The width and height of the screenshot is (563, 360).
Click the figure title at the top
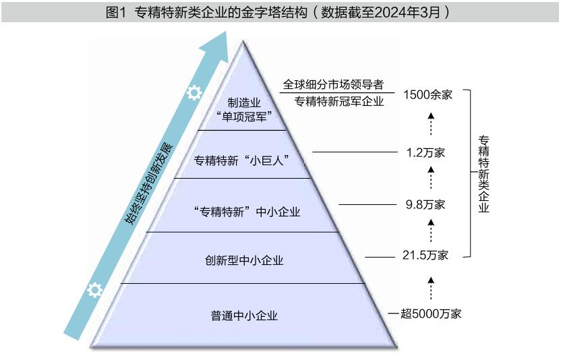(x=278, y=13)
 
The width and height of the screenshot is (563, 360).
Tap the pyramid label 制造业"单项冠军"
(x=244, y=110)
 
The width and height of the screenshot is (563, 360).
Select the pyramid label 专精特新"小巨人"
(x=241, y=160)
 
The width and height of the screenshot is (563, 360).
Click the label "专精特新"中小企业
(x=247, y=212)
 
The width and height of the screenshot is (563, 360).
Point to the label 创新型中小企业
(x=244, y=260)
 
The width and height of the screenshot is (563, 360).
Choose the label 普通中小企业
(x=244, y=316)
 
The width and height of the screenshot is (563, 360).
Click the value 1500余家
(x=427, y=95)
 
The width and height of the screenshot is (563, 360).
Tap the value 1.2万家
(x=425, y=153)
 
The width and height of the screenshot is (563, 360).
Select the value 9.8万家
(x=425, y=204)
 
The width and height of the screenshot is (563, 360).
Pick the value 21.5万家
(x=425, y=256)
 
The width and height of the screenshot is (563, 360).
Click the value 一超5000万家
(x=424, y=313)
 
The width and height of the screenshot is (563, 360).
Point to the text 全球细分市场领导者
(x=333, y=85)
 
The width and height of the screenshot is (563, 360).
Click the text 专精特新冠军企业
(x=339, y=102)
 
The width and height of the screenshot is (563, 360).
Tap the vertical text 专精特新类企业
(x=483, y=174)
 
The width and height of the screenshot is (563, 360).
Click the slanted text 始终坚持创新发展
(x=148, y=184)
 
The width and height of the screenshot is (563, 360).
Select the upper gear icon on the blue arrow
(x=194, y=93)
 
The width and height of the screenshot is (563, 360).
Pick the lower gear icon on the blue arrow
(x=95, y=290)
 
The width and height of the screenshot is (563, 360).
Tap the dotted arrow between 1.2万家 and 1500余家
(x=431, y=124)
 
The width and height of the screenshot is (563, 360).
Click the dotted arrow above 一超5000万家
(x=431, y=289)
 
